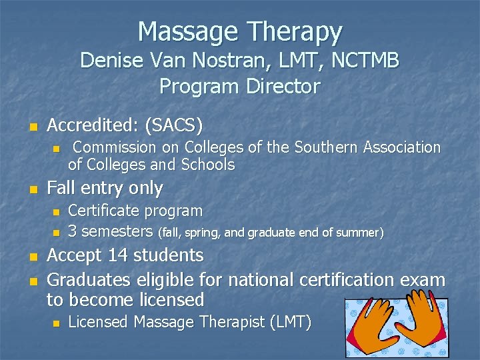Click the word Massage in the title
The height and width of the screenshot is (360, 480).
[x=187, y=31]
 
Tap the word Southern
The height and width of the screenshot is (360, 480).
[x=327, y=147]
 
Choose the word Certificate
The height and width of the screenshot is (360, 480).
[x=103, y=211]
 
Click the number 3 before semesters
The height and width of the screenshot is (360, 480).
[x=73, y=232]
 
